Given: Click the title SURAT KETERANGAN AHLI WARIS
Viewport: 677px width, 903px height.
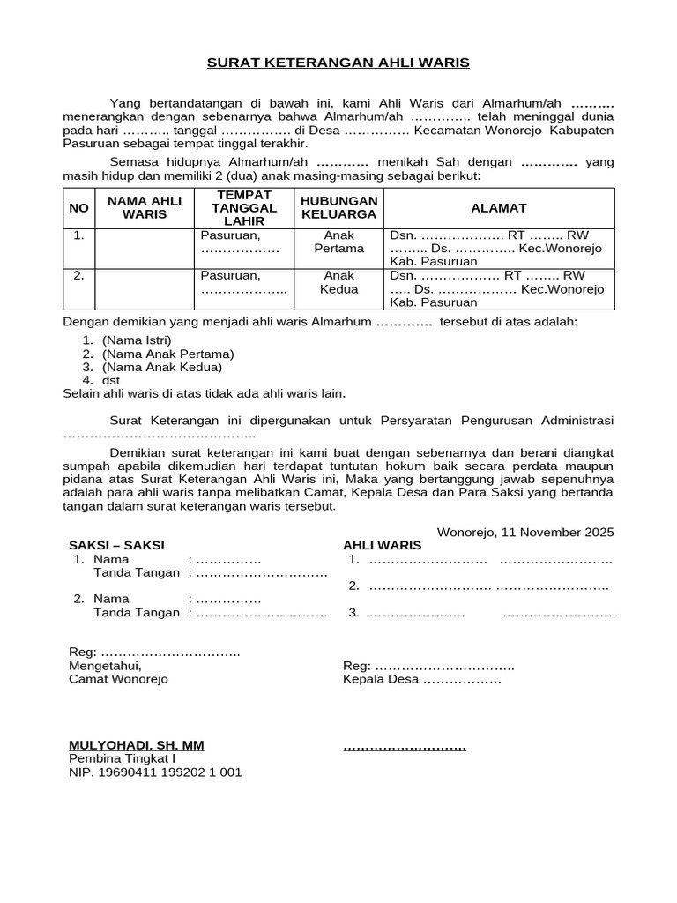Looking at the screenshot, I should pyautogui.click(x=338, y=63).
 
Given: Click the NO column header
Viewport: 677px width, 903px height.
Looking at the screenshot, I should pyautogui.click(x=78, y=208).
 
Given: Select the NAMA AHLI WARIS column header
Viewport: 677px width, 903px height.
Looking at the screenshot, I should pyautogui.click(x=145, y=207).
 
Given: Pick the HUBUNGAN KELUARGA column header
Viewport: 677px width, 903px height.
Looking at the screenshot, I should pyautogui.click(x=339, y=207).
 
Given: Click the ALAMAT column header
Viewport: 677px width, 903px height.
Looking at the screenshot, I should pyautogui.click(x=498, y=208).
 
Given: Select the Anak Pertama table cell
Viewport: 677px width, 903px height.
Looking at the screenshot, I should pyautogui.click(x=339, y=243).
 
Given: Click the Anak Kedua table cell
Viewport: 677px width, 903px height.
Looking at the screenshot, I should pyautogui.click(x=339, y=282).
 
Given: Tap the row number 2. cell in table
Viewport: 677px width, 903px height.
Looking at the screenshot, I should pyautogui.click(x=78, y=275).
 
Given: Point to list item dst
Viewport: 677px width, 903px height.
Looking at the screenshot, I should pyautogui.click(x=111, y=380).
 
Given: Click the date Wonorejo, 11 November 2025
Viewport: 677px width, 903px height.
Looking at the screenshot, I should pyautogui.click(x=525, y=533).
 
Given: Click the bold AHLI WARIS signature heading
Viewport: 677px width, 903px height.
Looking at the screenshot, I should pyautogui.click(x=383, y=546).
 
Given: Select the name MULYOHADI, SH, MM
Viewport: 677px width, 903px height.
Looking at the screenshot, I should pyautogui.click(x=137, y=745).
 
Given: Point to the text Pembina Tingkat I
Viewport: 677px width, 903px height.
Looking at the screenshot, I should pyautogui.click(x=123, y=758).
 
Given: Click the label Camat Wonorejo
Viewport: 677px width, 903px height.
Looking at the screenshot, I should pyautogui.click(x=118, y=679).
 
